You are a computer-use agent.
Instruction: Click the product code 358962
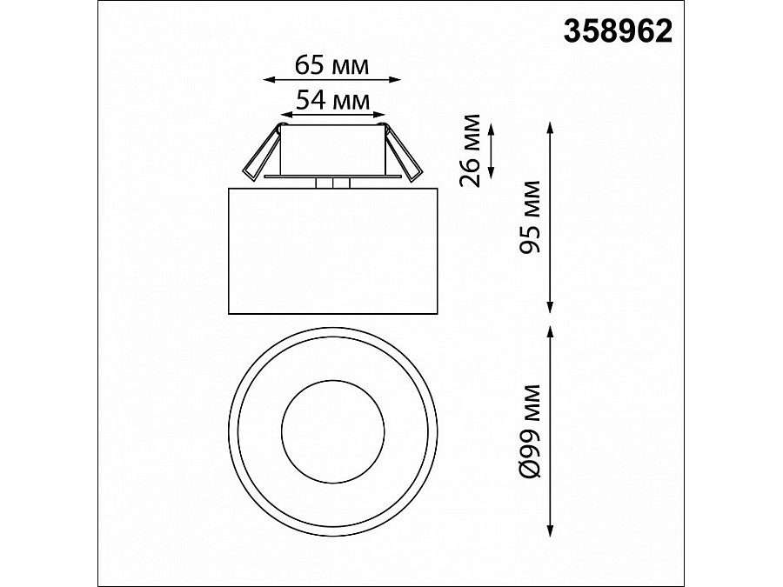[619, 31]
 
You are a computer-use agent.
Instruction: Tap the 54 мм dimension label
[331, 99]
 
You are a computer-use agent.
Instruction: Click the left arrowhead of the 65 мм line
[266, 79]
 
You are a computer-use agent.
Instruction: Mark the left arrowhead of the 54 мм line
[284, 114]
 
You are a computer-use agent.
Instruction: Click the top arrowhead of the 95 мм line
[551, 126]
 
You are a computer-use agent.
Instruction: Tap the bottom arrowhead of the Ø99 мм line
[551, 531]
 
